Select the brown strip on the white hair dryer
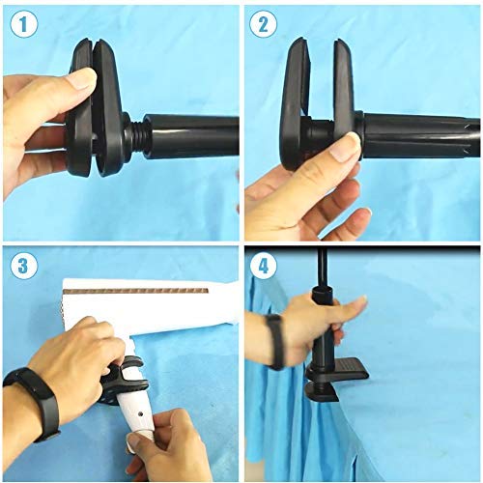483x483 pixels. [x=145, y=289]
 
